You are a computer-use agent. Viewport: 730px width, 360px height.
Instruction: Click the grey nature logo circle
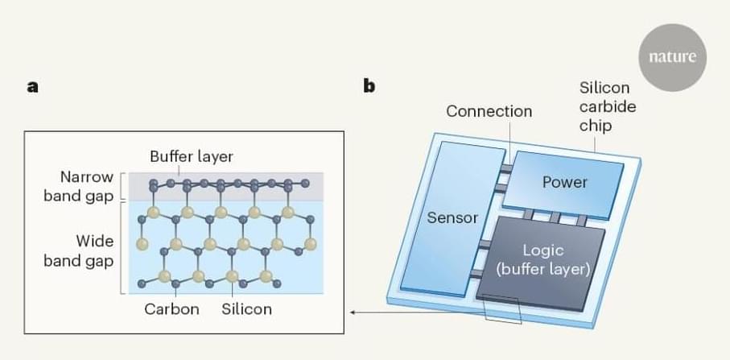pyautogui.click(x=671, y=58)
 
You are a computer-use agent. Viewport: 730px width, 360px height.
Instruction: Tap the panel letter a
pyautogui.click(x=32, y=86)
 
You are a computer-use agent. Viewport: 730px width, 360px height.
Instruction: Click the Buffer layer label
pyautogui.click(x=192, y=155)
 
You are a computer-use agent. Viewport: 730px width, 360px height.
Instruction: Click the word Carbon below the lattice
pyautogui.click(x=171, y=308)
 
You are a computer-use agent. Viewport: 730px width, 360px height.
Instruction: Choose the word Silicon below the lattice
pyautogui.click(x=247, y=308)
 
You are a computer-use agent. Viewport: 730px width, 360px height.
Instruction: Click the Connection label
pyautogui.click(x=489, y=111)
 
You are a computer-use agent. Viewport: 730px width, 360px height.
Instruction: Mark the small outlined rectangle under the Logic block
pyautogui.click(x=503, y=312)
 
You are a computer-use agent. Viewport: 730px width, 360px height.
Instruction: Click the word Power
pyautogui.click(x=565, y=182)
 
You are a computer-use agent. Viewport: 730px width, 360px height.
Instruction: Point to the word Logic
pyautogui.click(x=543, y=251)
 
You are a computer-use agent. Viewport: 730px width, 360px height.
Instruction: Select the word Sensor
pyautogui.click(x=452, y=217)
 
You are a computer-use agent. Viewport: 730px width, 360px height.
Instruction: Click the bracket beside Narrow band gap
pyautogui.click(x=122, y=186)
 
